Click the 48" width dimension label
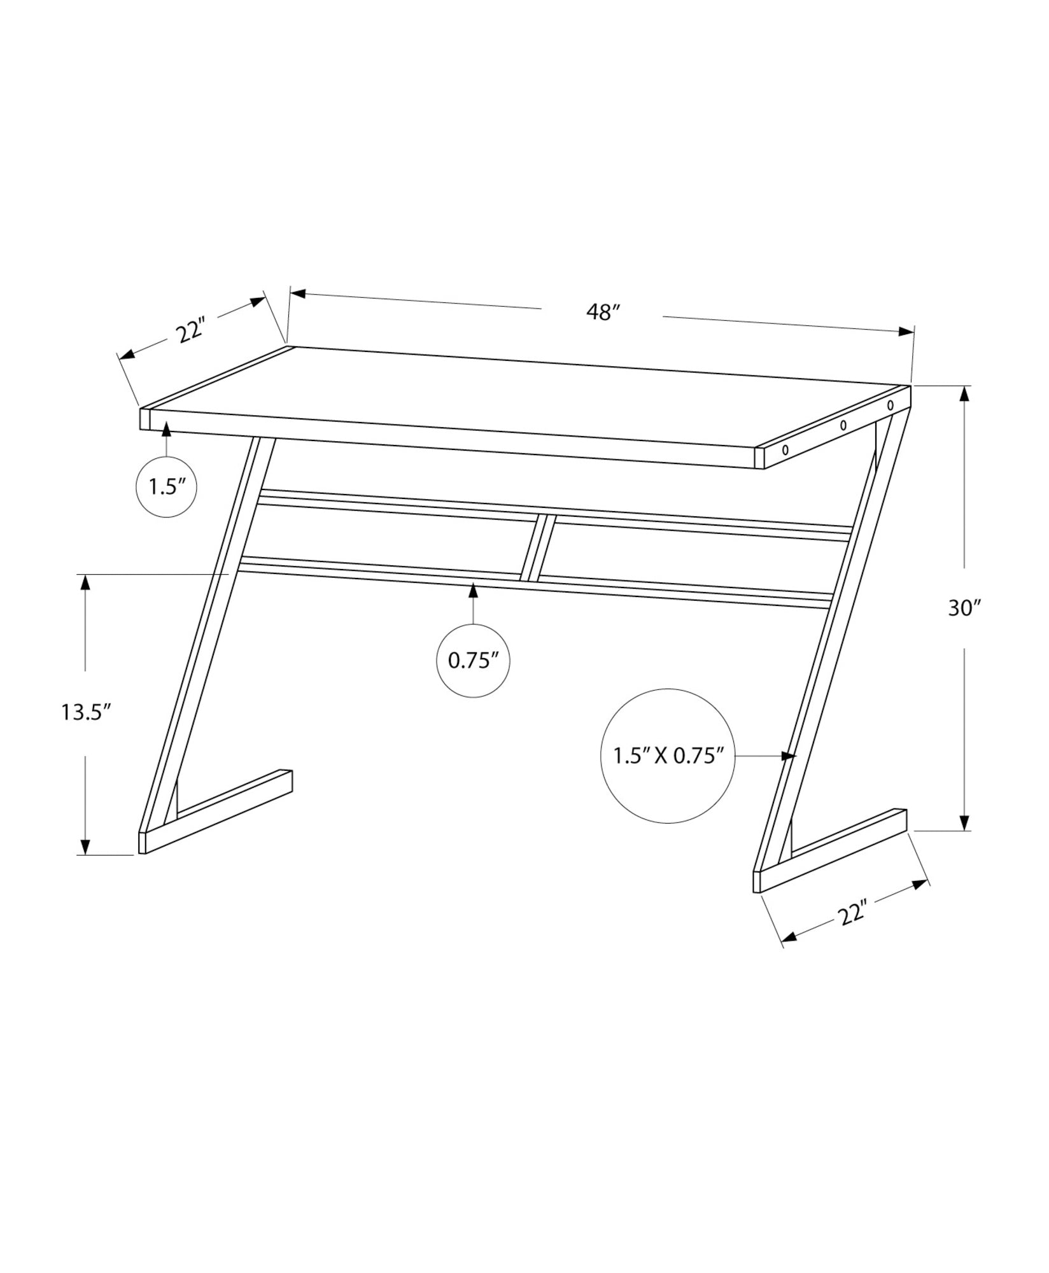[x=603, y=313]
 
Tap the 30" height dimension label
[x=965, y=608]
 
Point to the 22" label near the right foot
[x=853, y=915]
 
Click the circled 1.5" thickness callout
[x=167, y=488]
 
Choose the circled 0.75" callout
[x=472, y=661]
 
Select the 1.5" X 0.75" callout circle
[x=668, y=756]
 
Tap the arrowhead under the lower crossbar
[x=473, y=590]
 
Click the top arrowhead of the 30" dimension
[x=965, y=395]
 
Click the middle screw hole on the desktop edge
[x=843, y=425]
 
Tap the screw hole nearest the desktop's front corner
[x=785, y=449]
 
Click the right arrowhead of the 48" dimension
[x=905, y=332]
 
